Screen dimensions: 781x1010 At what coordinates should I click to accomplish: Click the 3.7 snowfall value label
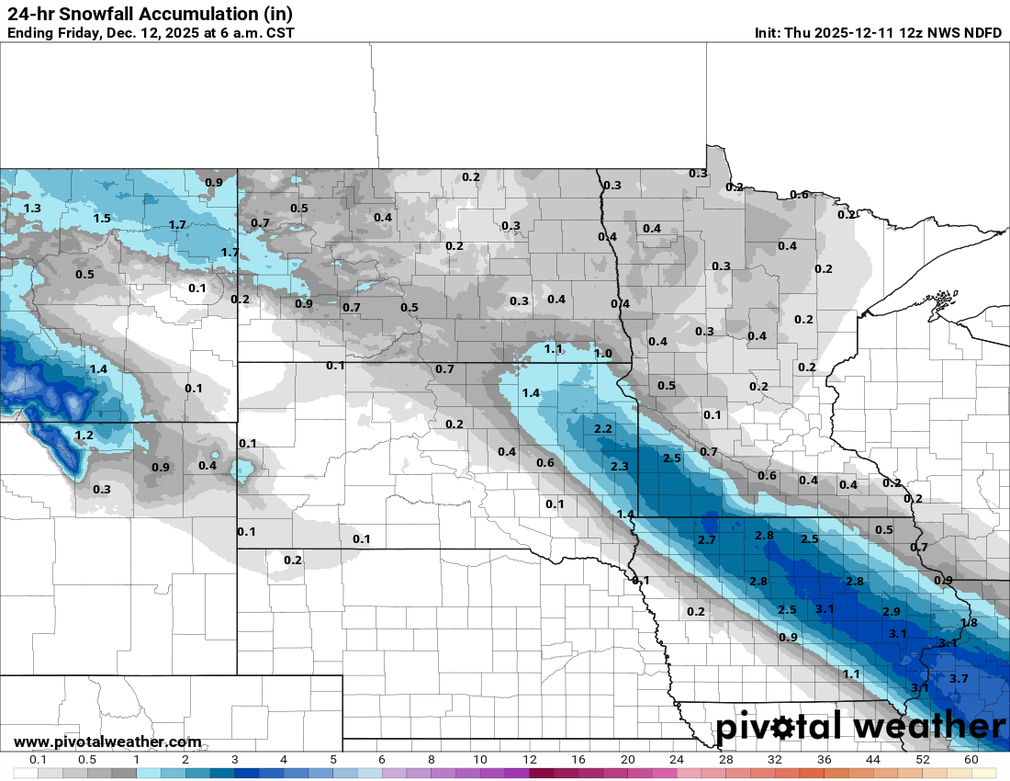point(959,678)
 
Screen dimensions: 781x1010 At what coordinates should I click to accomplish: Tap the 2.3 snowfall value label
point(619,467)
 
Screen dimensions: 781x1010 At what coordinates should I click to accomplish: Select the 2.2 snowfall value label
point(603,429)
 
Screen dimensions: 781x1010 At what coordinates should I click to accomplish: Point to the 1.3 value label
point(32,209)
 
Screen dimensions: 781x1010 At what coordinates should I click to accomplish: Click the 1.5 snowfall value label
point(102,218)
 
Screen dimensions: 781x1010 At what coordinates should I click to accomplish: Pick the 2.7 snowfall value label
point(707,539)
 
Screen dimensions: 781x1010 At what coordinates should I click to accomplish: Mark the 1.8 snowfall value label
point(969,622)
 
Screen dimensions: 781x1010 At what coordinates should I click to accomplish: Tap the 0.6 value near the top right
point(800,194)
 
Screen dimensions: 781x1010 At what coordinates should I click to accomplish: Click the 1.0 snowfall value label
point(603,353)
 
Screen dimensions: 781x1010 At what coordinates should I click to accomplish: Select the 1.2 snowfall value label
point(84,435)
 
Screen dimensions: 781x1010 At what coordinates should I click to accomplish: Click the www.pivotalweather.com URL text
point(107,741)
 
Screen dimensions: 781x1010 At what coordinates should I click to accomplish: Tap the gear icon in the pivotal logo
point(782,728)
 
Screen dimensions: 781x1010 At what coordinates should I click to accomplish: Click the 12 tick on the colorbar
point(530,760)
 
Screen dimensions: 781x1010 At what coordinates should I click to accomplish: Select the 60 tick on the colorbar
point(971,760)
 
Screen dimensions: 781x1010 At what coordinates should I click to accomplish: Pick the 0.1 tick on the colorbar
point(39,760)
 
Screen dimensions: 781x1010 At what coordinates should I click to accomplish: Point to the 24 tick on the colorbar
point(677,760)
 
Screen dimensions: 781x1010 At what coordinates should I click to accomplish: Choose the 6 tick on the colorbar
point(382,760)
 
